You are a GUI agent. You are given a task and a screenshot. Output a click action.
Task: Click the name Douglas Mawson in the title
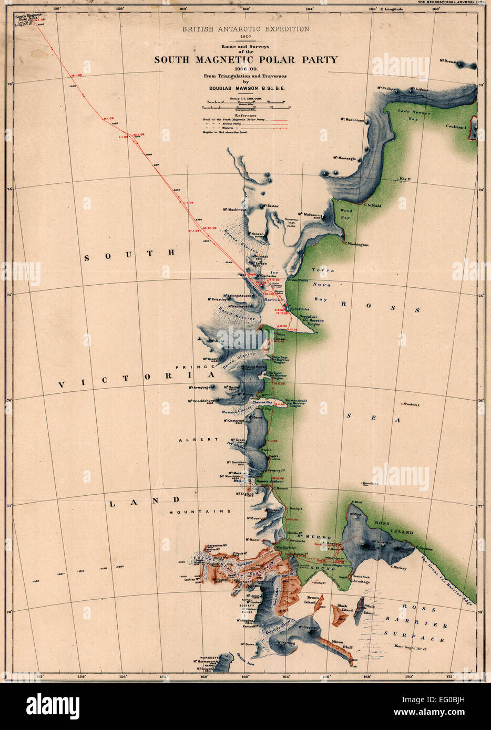click(239, 89)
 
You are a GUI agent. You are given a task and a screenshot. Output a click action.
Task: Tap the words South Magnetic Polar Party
click(245, 60)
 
